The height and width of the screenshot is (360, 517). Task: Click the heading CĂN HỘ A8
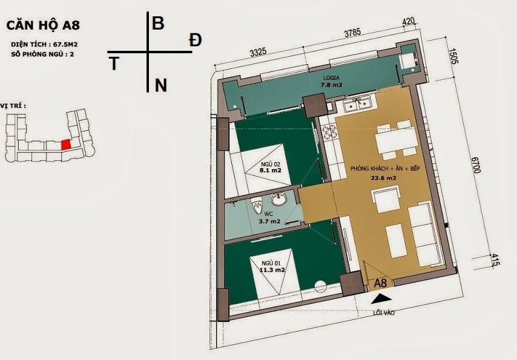click(x=43, y=25)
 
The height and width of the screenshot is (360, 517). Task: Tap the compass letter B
click(x=158, y=24)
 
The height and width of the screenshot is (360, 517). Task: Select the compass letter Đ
click(x=195, y=40)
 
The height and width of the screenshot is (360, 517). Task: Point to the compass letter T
click(x=114, y=64)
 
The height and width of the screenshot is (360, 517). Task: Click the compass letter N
click(x=160, y=85)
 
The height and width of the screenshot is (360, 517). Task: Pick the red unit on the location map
click(x=66, y=145)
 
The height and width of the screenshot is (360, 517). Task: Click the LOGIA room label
click(x=331, y=78)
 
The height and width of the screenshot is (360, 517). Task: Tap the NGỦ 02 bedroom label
click(x=271, y=164)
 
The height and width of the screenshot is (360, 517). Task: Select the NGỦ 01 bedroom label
click(x=271, y=263)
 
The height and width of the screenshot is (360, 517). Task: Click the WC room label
click(x=268, y=214)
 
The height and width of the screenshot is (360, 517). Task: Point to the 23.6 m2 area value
click(x=383, y=178)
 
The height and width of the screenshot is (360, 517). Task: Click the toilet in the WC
click(x=256, y=205)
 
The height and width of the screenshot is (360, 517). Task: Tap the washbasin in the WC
click(x=280, y=199)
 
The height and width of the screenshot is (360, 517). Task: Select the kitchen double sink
click(x=358, y=104)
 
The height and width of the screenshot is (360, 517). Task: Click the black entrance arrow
click(x=381, y=299)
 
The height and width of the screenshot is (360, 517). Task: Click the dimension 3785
click(x=352, y=33)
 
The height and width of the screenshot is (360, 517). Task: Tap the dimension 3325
click(x=258, y=53)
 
